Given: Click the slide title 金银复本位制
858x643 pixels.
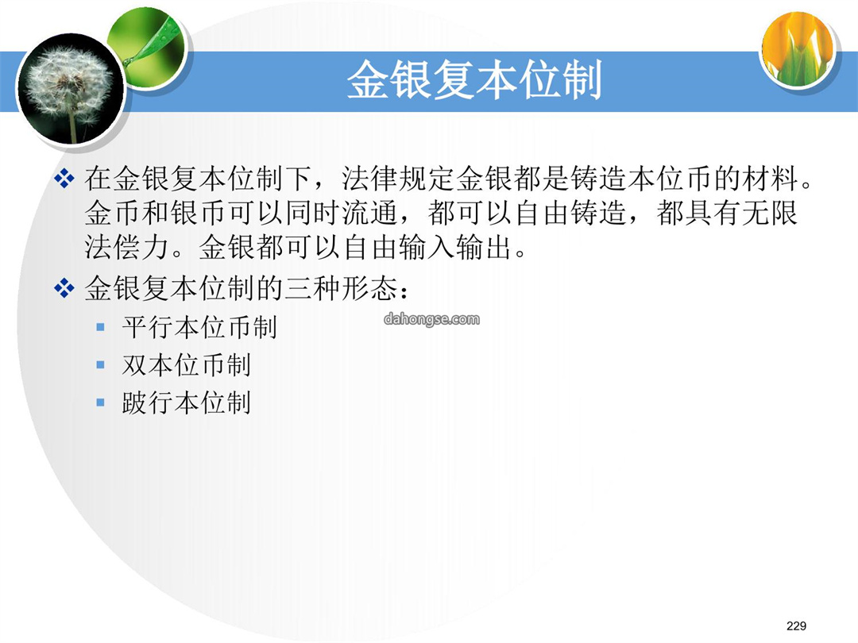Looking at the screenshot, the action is pyautogui.click(x=474, y=80).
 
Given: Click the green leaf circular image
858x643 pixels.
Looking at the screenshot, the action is pyautogui.click(x=146, y=48).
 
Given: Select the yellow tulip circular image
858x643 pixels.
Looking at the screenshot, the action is pyautogui.click(x=798, y=48).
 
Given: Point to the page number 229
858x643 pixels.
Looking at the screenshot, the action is pyautogui.click(x=796, y=626).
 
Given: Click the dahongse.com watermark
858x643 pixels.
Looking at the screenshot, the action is pyautogui.click(x=431, y=319).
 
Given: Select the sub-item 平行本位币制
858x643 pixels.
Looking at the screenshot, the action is pyautogui.click(x=199, y=328).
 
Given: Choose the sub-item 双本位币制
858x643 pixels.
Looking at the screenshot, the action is pyautogui.click(x=186, y=365).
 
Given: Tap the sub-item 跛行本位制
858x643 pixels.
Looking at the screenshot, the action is pyautogui.click(x=186, y=403).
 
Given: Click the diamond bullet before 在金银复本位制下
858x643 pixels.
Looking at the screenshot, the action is pyautogui.click(x=64, y=179).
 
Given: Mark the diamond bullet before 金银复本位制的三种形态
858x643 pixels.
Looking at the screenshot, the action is pyautogui.click(x=64, y=288).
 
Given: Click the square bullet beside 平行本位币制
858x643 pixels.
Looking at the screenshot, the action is pyautogui.click(x=100, y=328).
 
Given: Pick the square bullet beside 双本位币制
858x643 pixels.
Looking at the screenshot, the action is pyautogui.click(x=100, y=364).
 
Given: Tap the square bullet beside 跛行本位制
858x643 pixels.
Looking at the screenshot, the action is pyautogui.click(x=100, y=403).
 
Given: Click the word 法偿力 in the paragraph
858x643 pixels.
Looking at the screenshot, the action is pyautogui.click(x=126, y=247).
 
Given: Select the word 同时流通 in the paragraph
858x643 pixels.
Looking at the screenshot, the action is pyautogui.click(x=342, y=213).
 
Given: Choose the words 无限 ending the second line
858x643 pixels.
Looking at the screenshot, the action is pyautogui.click(x=770, y=213).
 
